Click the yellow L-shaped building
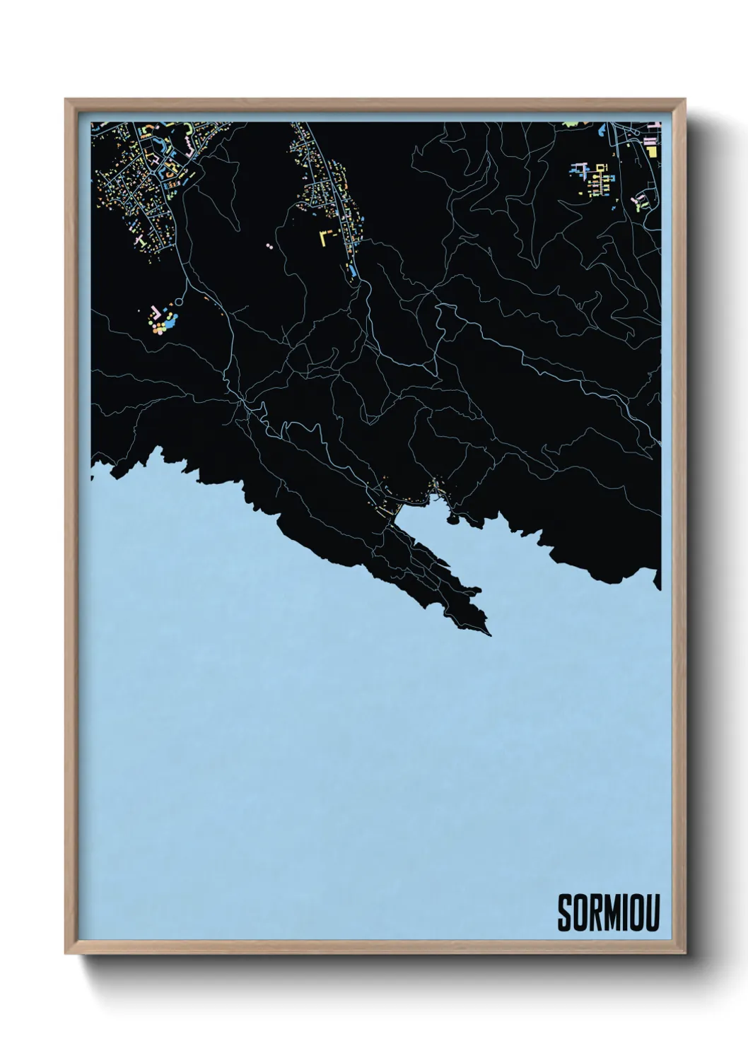tap(326, 236)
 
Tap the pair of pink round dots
tap(269, 247)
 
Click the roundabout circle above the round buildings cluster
tap(177, 302)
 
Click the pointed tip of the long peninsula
tap(489, 633)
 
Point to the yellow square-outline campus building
tap(602, 168)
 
